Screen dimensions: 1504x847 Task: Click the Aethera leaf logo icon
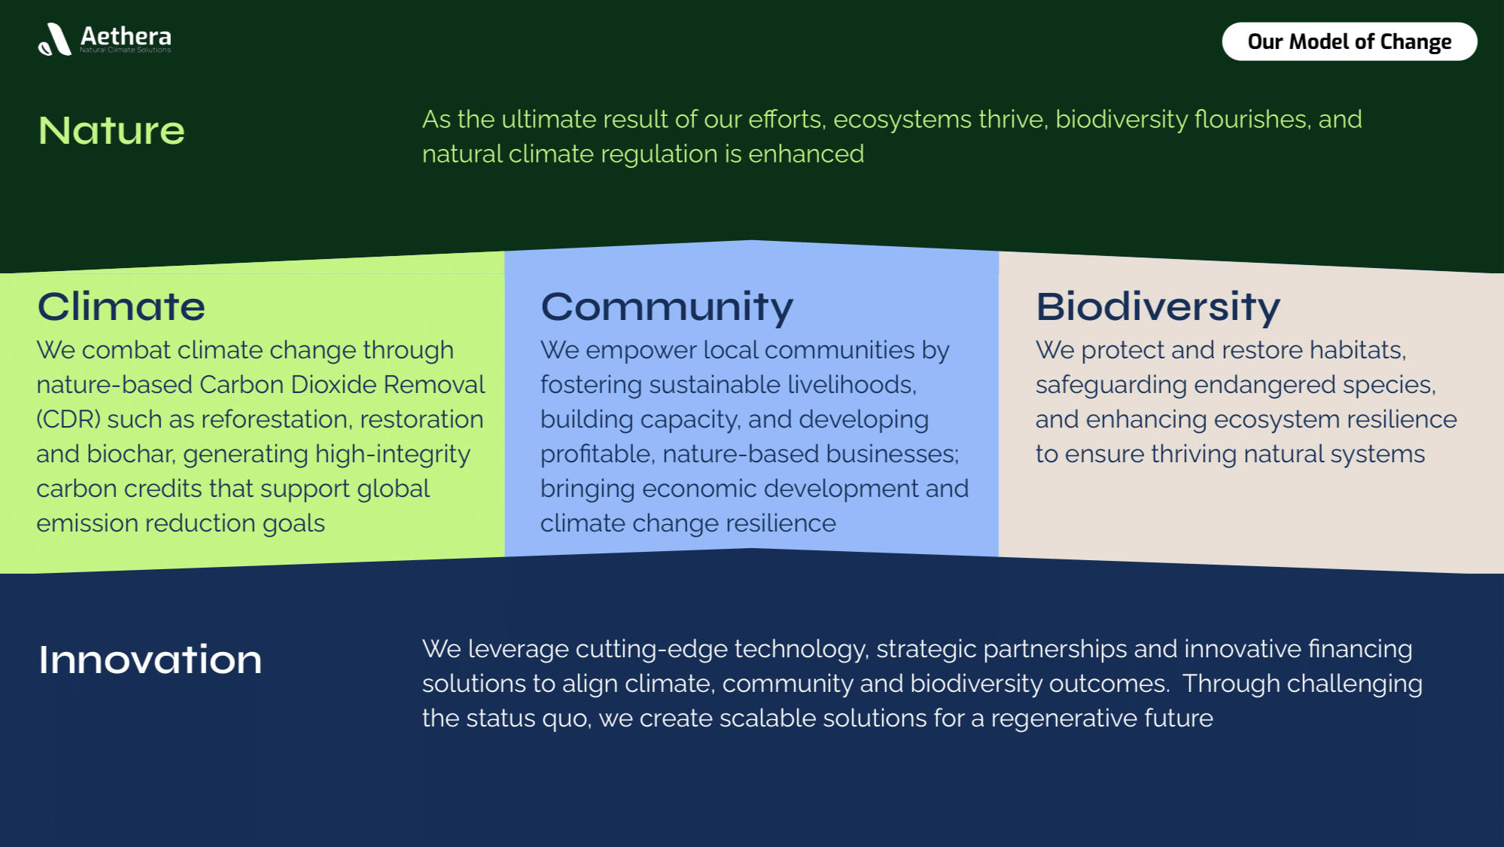click(55, 39)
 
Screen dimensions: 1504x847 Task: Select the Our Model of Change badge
click(1349, 41)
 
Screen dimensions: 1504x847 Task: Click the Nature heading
click(111, 130)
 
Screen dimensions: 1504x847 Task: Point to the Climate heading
click(121, 306)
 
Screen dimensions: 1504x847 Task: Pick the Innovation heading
click(151, 660)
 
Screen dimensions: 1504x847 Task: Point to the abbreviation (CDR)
click(69, 419)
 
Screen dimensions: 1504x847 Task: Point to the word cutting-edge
click(647, 650)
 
